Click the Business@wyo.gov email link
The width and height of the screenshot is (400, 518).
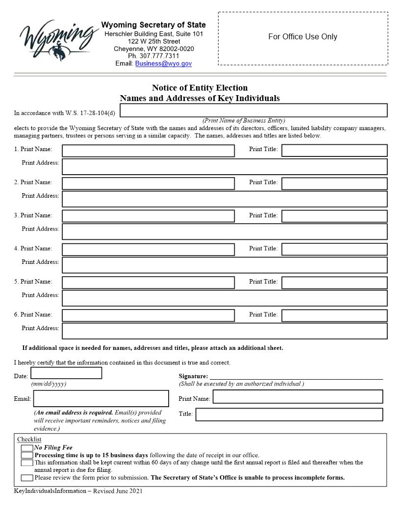point(163,63)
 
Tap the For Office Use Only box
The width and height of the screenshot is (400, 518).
point(302,38)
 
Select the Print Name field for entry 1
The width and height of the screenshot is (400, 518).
point(148,150)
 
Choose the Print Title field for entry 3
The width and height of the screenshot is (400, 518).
point(334,216)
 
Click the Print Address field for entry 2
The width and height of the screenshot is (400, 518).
point(225,199)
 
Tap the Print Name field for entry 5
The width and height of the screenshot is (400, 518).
point(148,283)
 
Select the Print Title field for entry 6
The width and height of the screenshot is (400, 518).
point(334,315)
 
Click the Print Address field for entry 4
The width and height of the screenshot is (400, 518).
point(225,265)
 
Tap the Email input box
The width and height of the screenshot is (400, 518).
point(101,398)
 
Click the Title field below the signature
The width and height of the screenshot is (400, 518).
point(289,414)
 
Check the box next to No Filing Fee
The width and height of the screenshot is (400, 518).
point(27,448)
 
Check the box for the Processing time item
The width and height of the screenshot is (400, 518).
point(27,455)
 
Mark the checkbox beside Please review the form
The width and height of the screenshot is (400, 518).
point(27,478)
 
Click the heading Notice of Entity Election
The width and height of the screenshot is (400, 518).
point(200,88)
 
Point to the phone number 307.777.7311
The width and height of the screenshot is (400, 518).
point(153,56)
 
